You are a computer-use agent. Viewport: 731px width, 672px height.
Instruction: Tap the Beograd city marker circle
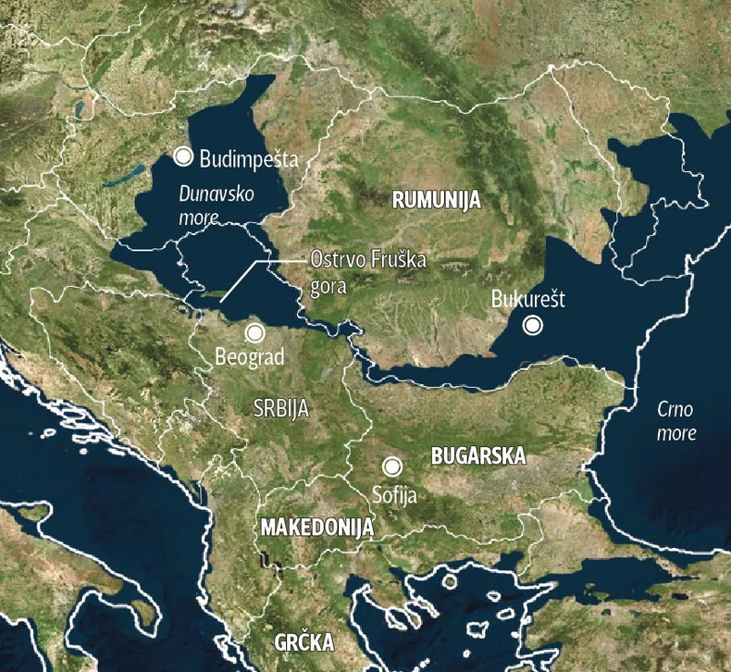tap(254, 332)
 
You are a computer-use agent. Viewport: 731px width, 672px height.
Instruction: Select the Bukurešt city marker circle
tap(532, 325)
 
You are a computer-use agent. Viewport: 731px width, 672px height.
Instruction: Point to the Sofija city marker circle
tap(393, 467)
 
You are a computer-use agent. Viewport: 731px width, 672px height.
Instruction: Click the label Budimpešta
tap(249, 158)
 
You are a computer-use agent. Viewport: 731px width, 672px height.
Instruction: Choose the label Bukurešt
tap(528, 300)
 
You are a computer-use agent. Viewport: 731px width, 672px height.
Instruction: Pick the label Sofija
tap(393, 495)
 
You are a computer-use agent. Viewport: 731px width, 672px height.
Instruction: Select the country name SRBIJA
tap(280, 407)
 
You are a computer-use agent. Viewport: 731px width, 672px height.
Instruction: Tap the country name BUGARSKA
tap(478, 456)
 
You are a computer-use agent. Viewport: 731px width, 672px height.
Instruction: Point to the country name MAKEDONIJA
tap(316, 528)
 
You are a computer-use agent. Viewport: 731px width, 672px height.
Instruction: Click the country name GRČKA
tap(304, 642)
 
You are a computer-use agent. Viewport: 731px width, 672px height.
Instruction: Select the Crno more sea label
tap(675, 421)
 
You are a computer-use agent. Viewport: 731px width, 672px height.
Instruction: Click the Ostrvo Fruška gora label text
tap(367, 273)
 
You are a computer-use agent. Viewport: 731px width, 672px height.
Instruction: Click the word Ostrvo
tap(337, 261)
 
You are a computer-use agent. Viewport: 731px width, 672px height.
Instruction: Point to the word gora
tap(328, 286)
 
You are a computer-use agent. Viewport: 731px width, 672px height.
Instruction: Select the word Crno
tap(675, 409)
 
